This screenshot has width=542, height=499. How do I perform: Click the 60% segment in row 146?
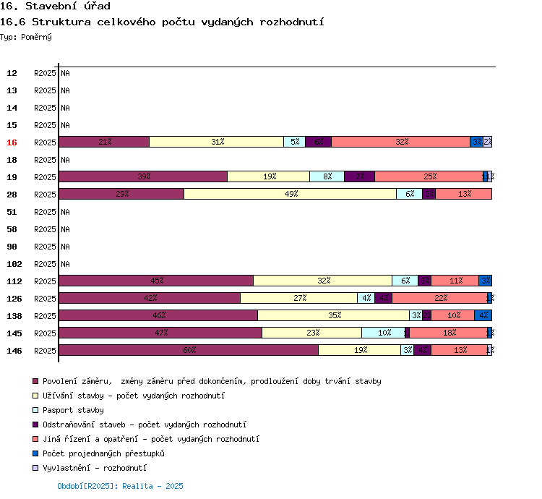click(189, 350)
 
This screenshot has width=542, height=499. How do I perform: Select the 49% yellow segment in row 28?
click(290, 194)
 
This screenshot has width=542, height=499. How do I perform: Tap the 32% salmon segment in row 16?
click(401, 142)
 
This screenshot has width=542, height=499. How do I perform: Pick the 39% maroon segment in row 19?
click(143, 176)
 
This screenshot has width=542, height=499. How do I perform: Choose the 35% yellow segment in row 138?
click(333, 315)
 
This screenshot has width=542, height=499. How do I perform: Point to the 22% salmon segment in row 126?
click(439, 298)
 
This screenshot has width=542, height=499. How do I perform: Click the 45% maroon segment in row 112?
click(156, 281)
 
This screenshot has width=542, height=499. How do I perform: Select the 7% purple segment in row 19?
click(360, 176)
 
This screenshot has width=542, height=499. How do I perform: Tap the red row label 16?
click(12, 142)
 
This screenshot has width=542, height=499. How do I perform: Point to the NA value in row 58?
click(65, 229)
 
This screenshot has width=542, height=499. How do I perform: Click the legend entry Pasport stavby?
click(73, 410)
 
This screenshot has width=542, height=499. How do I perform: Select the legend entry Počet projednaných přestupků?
click(103, 453)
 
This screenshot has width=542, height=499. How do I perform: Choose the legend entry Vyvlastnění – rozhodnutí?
click(99, 468)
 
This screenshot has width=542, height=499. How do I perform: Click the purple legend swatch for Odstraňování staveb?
click(35, 425)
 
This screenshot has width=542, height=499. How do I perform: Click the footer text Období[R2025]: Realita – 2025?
click(120, 486)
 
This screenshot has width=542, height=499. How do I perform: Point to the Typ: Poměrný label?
click(26, 36)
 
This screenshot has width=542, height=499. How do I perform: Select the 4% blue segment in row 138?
click(483, 315)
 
